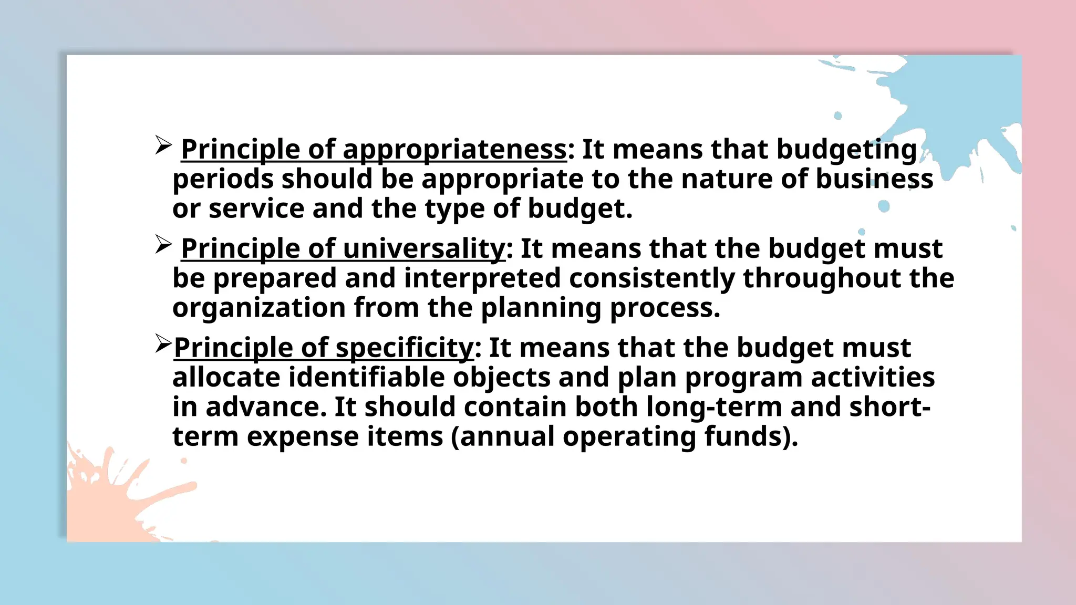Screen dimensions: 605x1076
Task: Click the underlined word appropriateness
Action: [x=454, y=150]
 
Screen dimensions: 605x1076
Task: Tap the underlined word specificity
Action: [x=405, y=348]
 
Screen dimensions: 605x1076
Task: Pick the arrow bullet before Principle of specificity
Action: [x=163, y=344]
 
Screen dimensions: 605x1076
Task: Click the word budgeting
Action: [x=846, y=150]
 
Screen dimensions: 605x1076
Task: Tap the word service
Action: [x=256, y=208]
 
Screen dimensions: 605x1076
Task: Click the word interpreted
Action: [x=482, y=278]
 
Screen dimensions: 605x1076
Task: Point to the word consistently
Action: [x=651, y=278]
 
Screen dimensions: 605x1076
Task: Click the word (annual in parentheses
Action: [x=502, y=436]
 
